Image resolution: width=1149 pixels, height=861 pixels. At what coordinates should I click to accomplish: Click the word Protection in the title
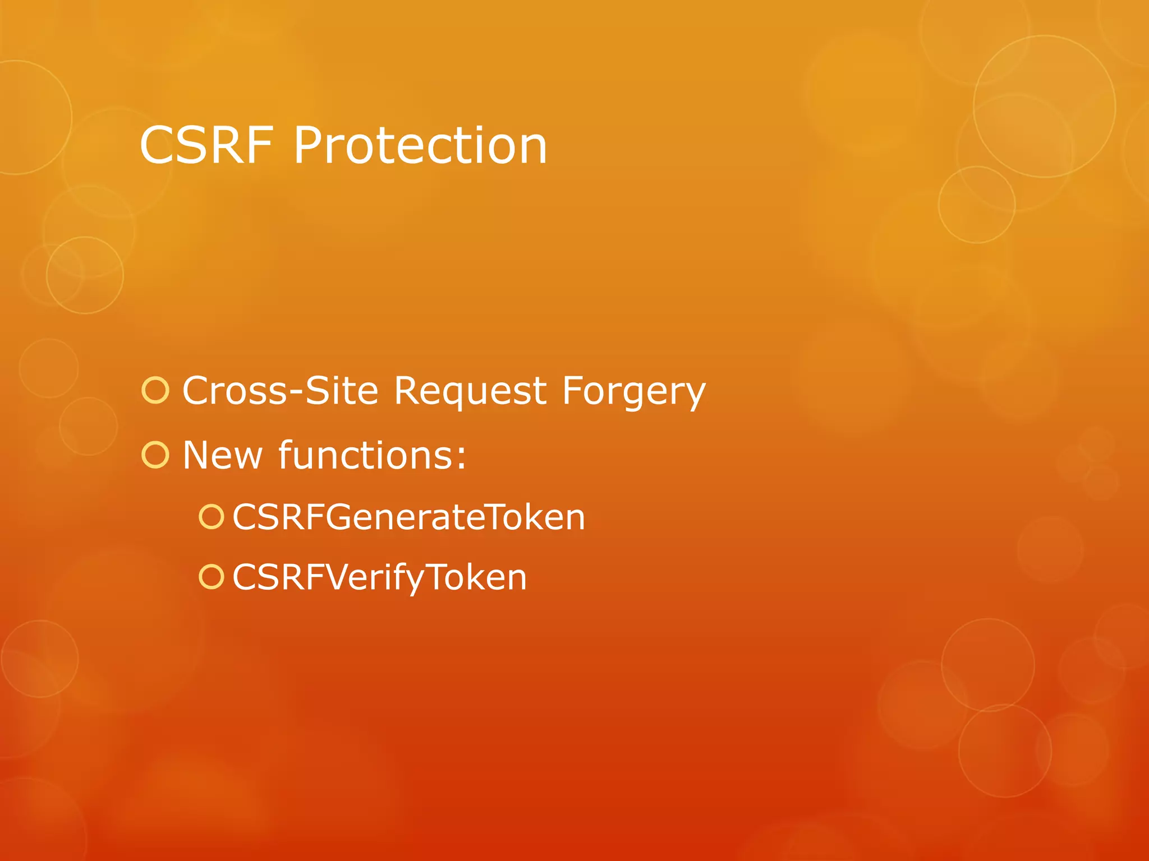click(x=420, y=145)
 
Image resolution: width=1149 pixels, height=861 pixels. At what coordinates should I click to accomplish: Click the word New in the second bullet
click(x=222, y=455)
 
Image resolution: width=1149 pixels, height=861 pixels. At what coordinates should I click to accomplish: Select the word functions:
click(x=372, y=455)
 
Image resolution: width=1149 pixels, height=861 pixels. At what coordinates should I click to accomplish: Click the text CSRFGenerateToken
click(x=408, y=517)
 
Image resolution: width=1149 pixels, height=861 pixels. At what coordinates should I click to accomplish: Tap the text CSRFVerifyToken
click(x=379, y=577)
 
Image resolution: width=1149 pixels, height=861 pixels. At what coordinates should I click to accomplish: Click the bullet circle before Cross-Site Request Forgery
click(x=155, y=390)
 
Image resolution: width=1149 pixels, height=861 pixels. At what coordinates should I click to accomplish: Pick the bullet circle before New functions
click(x=155, y=455)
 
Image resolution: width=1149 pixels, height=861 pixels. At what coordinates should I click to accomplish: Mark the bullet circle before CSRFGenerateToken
click(x=212, y=517)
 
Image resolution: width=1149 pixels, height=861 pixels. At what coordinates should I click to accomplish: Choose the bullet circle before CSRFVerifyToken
click(x=212, y=577)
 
